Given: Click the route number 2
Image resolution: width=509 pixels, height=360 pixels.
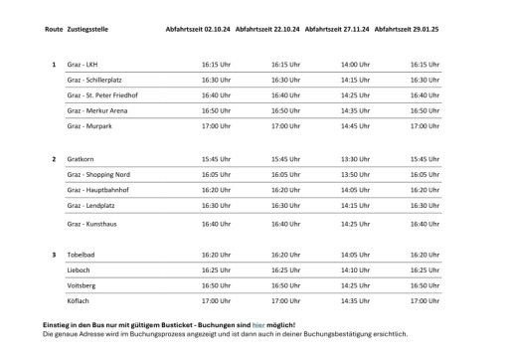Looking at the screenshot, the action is click(x=53, y=158).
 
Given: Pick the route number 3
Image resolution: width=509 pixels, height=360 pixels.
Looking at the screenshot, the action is click(x=53, y=255).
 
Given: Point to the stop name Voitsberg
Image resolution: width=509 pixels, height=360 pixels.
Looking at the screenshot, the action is click(x=80, y=284).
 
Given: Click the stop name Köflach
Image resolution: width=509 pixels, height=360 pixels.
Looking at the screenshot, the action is click(x=78, y=299).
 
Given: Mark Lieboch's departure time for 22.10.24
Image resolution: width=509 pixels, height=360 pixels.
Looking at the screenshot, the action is click(x=285, y=270).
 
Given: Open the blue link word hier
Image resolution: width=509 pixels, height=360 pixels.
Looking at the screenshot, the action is click(x=257, y=325).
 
